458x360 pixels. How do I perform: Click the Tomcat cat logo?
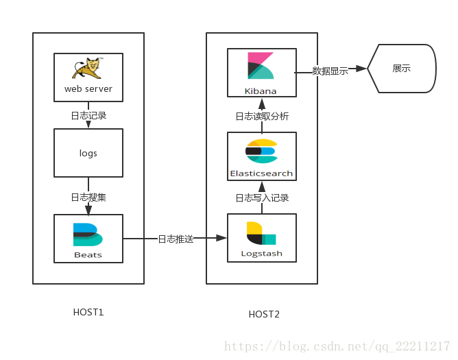[x=87, y=70]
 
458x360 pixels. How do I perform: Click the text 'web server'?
[x=88, y=88]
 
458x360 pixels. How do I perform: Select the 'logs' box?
[x=88, y=153]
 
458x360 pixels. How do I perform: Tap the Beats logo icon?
[x=88, y=235]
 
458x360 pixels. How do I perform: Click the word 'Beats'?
[x=88, y=254]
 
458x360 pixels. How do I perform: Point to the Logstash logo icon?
[x=261, y=234]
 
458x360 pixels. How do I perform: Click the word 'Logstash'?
[x=261, y=254]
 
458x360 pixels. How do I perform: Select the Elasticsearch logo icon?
[x=261, y=152]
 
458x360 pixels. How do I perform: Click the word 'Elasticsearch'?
[x=261, y=173]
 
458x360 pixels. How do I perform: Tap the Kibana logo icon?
[x=261, y=67]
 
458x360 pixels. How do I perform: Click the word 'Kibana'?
[x=261, y=91]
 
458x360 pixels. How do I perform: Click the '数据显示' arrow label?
[x=330, y=71]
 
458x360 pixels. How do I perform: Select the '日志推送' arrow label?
[x=176, y=239]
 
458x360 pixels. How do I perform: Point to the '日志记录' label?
[x=88, y=115]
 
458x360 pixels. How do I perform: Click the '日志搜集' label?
[x=88, y=197]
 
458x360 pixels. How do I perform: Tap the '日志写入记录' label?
[x=262, y=198]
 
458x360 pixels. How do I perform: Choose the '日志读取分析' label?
[x=262, y=117]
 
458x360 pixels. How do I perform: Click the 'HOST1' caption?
[x=88, y=312]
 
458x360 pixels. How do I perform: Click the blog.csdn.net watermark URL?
[x=337, y=346]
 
